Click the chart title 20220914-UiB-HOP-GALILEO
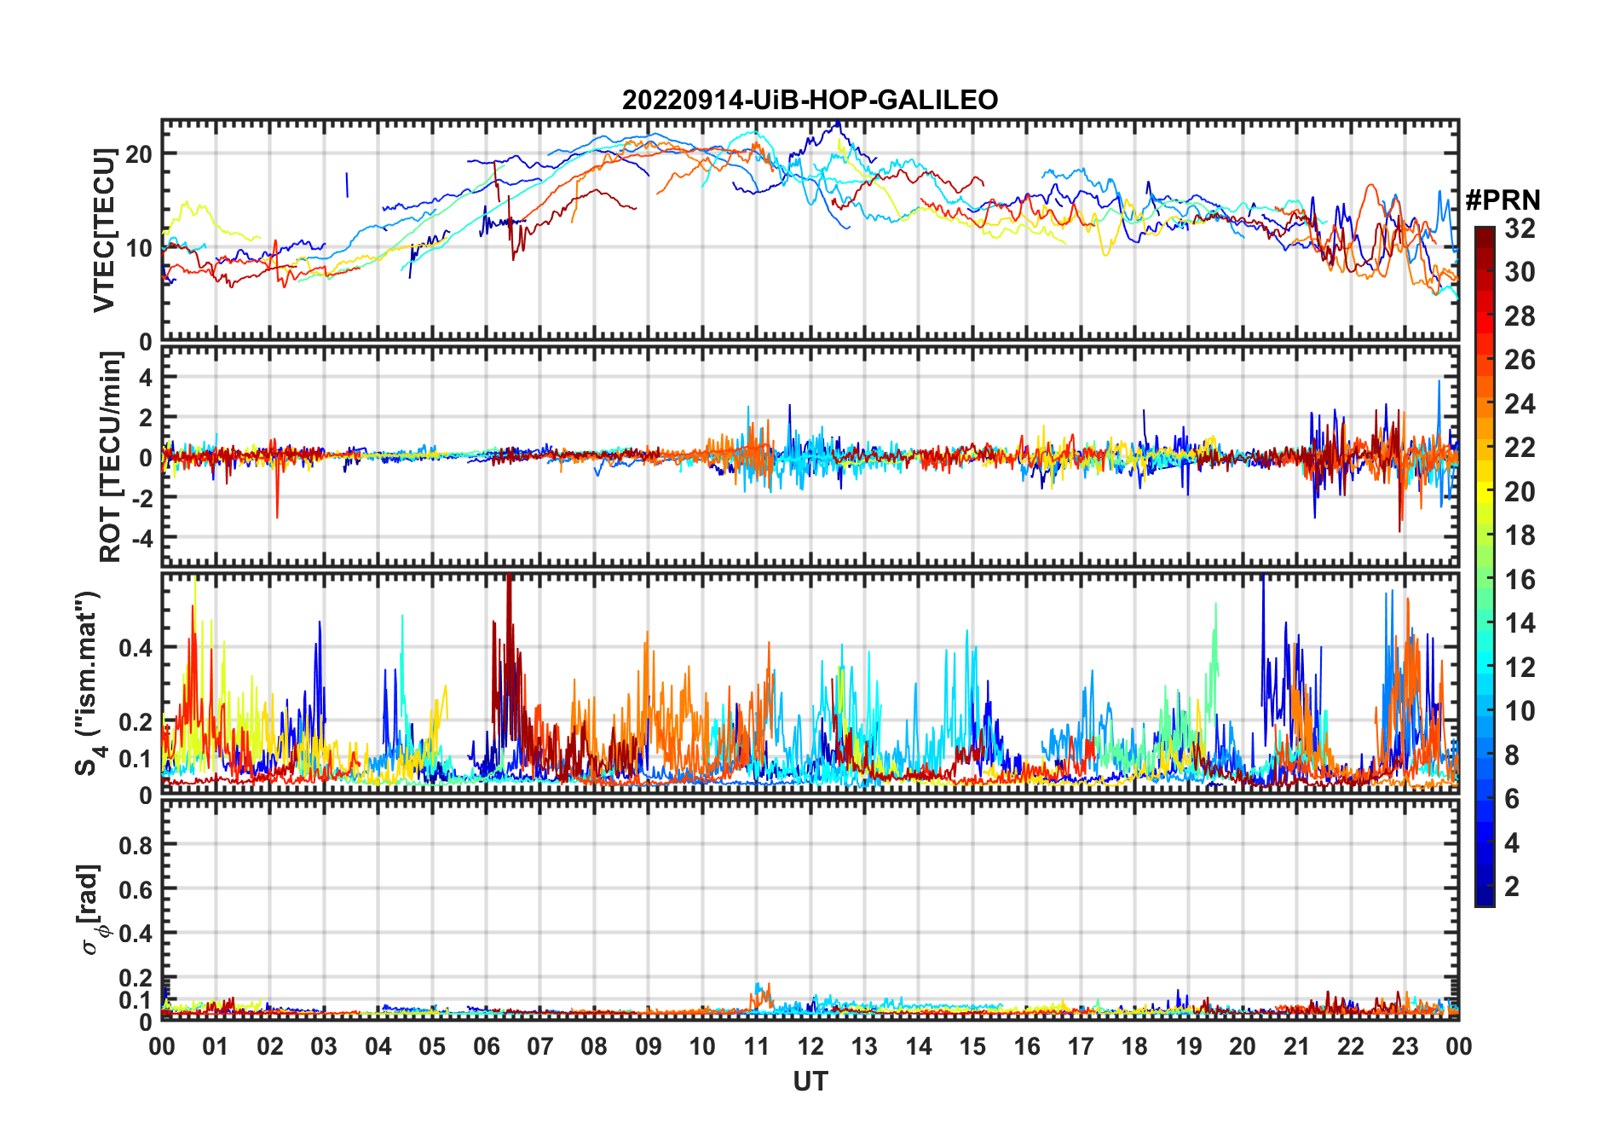[810, 101]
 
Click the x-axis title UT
[810, 1082]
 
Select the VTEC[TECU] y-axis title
[104, 230]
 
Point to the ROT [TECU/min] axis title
[110, 457]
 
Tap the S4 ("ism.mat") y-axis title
[89, 684]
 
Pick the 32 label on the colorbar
[1520, 229]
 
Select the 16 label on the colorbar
[1520, 580]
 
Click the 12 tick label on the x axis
[810, 1047]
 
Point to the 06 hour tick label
[487, 1047]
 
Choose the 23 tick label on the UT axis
[1405, 1047]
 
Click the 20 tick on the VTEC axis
[140, 154]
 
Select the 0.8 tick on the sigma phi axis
[136, 845]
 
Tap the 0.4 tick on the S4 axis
[136, 648]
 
